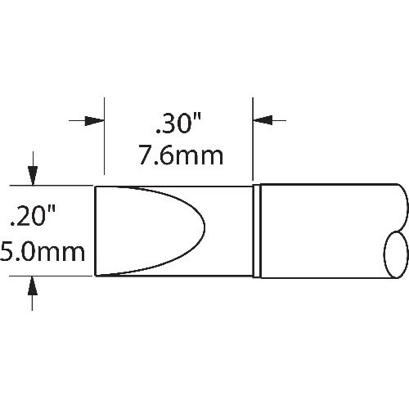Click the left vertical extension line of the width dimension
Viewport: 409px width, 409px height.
click(105, 139)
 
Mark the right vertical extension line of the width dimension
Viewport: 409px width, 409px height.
click(253, 139)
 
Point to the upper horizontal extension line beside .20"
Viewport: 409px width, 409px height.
click(53, 186)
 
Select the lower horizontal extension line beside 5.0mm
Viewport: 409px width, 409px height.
click(53, 276)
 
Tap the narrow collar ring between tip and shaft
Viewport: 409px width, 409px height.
click(257, 231)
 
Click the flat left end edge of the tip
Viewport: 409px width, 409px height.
click(97, 231)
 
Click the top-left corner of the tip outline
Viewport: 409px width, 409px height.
click(97, 187)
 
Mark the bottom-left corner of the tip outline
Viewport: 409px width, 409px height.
click(97, 276)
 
